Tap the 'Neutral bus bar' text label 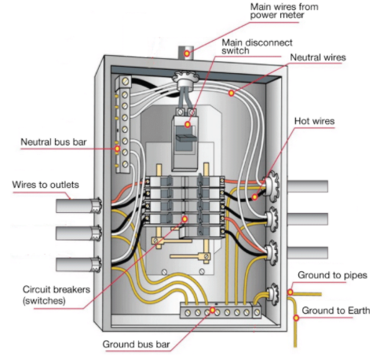(x=54, y=142)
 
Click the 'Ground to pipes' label (x=334, y=274)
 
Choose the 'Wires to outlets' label (x=45, y=185)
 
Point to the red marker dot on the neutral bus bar (x=117, y=146)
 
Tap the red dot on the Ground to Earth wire (x=296, y=318)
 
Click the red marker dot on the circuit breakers (x=184, y=219)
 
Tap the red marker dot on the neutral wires (x=232, y=93)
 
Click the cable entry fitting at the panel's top (x=186, y=80)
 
